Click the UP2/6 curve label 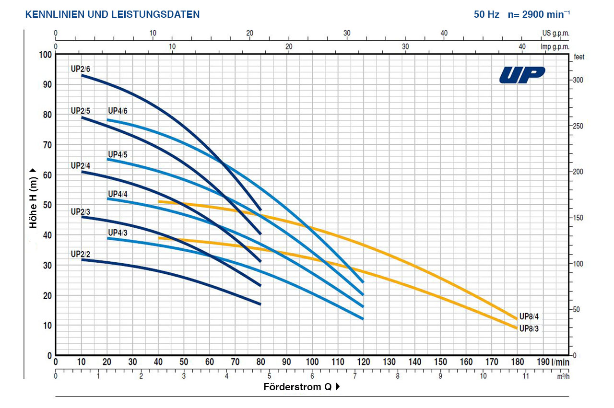(80, 69)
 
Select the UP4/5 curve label (118, 154)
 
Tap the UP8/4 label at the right (529, 316)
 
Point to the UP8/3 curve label (529, 328)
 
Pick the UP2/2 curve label (80, 254)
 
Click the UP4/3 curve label (118, 233)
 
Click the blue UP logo (522, 75)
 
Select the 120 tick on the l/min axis (364, 362)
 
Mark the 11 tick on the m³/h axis (526, 376)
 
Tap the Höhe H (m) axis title (34, 198)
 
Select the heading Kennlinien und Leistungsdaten (112, 14)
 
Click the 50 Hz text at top (486, 14)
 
